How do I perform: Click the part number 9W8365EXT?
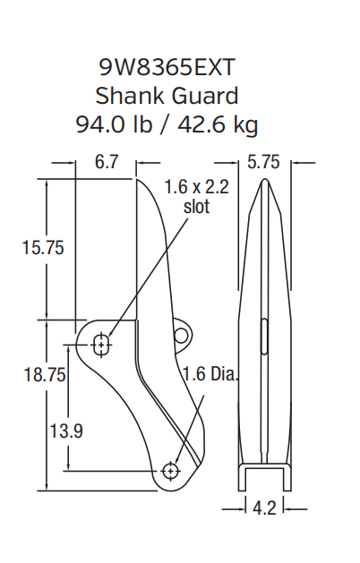point(167,66)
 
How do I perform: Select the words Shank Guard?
point(167,94)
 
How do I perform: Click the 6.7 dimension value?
point(106,163)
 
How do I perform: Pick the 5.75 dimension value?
point(264,163)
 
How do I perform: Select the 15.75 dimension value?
point(42,248)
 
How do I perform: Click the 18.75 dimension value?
point(42,375)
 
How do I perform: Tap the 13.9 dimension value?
point(65,431)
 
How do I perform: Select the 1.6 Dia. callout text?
point(210,373)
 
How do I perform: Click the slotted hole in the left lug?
point(102,343)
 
